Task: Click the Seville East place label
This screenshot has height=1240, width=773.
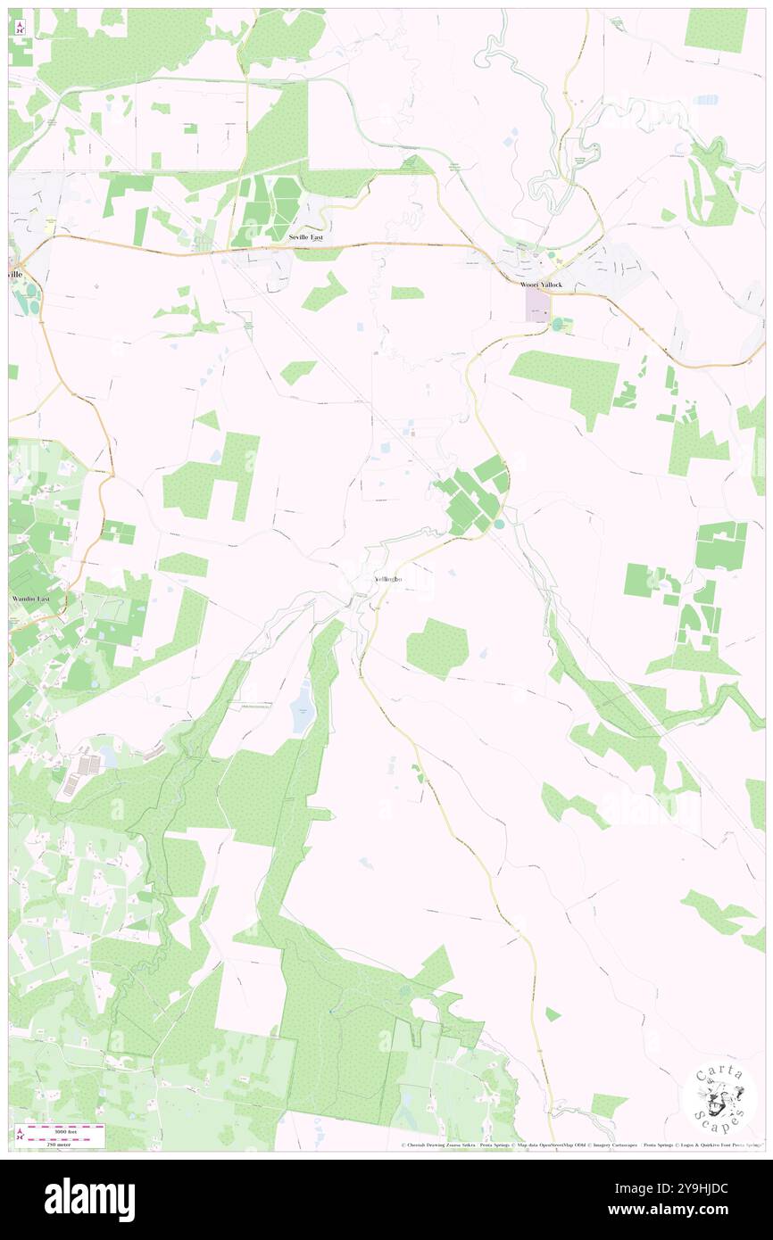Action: point(305,238)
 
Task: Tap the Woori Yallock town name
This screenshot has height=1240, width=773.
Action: point(543,285)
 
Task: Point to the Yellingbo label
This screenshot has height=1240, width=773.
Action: point(387,579)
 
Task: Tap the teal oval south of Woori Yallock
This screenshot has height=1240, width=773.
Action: point(559,325)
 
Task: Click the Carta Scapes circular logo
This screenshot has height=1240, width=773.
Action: point(719,1098)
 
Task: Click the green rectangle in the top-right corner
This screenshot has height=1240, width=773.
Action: point(716,30)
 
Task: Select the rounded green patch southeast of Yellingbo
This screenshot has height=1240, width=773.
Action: point(437,647)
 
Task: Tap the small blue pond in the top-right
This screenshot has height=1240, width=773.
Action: point(706,99)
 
